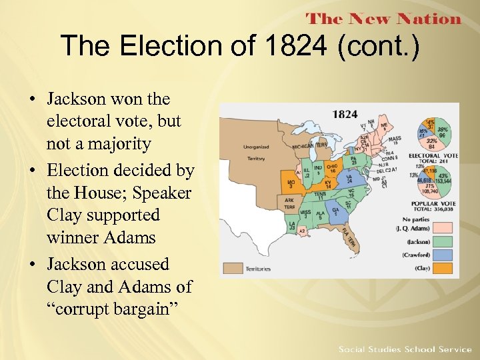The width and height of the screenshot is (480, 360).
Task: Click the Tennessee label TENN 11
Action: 321,195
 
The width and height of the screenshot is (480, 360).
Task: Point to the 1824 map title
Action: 345,114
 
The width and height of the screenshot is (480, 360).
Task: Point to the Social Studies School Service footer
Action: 405,349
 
